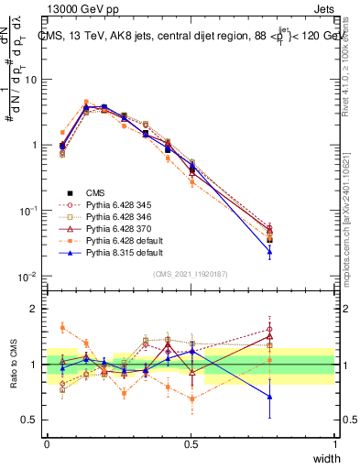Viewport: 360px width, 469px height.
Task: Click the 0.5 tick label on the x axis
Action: point(191,443)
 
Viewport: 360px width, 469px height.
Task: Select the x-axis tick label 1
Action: point(335,443)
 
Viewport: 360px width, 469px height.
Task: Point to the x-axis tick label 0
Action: point(47,443)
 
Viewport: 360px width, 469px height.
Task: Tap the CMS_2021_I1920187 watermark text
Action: point(191,274)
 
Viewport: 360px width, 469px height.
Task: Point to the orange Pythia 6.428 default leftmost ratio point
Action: point(62,327)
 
